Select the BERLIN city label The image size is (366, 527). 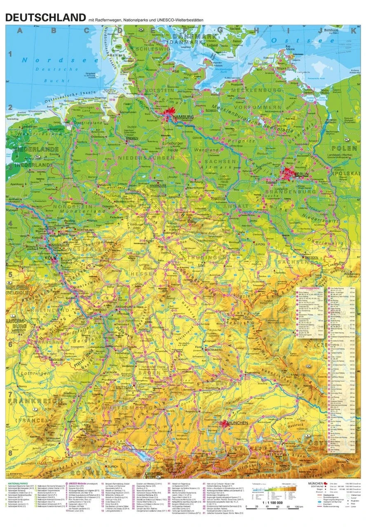pos(301,175)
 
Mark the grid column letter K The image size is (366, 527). pos(353,30)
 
